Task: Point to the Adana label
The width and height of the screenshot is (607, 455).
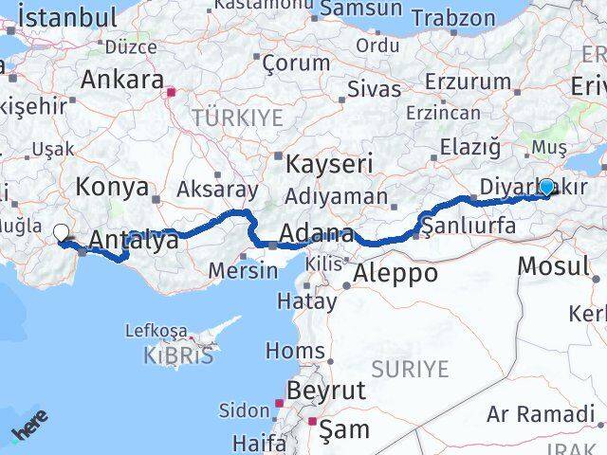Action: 319,234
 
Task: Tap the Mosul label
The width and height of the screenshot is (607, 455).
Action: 553,266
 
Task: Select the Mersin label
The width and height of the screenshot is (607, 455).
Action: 244,269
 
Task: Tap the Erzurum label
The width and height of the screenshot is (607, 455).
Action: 468,81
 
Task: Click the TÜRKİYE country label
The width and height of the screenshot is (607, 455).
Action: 237,118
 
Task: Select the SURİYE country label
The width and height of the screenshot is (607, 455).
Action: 409,368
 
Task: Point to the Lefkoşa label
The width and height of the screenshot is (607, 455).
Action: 156,331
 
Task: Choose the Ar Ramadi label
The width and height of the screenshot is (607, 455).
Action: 540,413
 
